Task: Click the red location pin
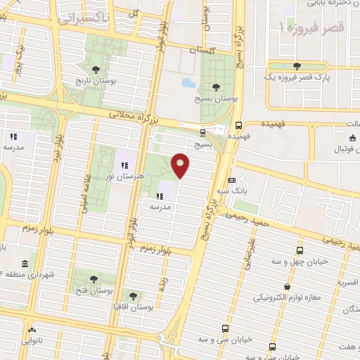click(x=181, y=165)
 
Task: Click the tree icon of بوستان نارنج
click(x=96, y=69)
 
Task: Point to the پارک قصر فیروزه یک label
click(x=297, y=77)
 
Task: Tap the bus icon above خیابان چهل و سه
click(x=300, y=251)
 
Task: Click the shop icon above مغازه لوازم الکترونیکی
click(x=288, y=287)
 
